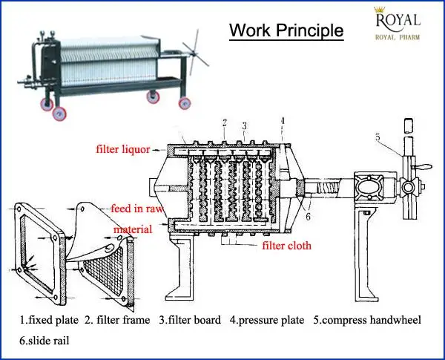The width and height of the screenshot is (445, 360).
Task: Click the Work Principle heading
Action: pos(286,30)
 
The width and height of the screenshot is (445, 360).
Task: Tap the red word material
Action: pos(132,229)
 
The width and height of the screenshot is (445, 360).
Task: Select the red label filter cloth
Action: pos(286,246)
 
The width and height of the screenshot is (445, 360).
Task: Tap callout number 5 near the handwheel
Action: pos(377,137)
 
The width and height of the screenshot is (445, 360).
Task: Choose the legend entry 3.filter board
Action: pos(190,321)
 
